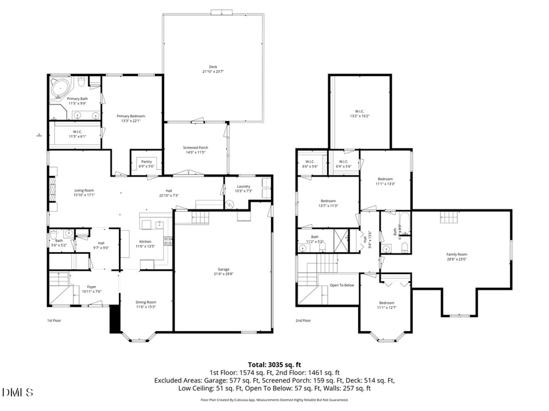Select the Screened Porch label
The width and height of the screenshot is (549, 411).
[x=195, y=150]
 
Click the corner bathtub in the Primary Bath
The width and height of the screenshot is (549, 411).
[x=60, y=88]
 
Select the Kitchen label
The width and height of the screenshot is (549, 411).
[x=145, y=244]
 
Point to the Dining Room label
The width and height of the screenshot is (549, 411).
[x=146, y=304]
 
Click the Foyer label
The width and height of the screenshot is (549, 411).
[x=91, y=289]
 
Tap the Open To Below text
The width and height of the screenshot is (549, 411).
[x=342, y=285]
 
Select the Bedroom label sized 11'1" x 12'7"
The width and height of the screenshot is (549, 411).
[x=386, y=305]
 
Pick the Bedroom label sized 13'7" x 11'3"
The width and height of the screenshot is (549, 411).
[x=329, y=203]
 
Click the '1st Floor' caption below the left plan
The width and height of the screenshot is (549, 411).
[x=54, y=320]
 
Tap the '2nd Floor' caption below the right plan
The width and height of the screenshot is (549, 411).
[x=303, y=320]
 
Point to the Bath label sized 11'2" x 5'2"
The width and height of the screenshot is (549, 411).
[x=315, y=239]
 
